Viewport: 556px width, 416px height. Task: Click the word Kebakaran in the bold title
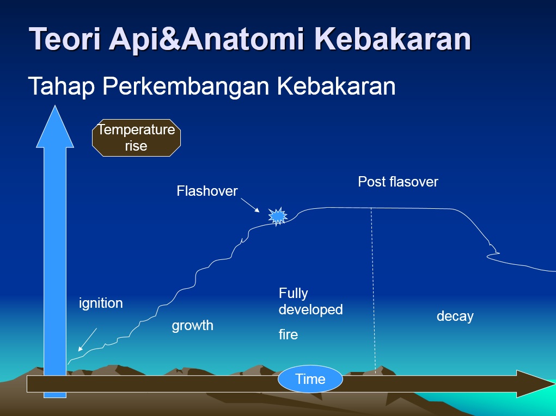393,39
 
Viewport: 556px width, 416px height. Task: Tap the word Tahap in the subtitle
61,86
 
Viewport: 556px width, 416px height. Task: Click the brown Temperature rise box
136,138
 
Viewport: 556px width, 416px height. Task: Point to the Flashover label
207,191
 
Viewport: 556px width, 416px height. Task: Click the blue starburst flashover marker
278,216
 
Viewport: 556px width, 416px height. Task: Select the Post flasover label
398,182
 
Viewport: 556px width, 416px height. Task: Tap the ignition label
101,303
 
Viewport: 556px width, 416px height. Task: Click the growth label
192,326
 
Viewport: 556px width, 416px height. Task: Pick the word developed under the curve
310,309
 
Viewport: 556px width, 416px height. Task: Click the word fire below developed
288,334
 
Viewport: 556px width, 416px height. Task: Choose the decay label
455,316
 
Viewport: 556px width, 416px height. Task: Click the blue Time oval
310,379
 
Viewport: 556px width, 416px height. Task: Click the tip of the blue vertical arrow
54,109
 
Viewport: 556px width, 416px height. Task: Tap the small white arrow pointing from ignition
87,339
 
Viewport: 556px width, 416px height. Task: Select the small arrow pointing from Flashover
251,205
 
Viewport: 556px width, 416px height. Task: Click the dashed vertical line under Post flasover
373,288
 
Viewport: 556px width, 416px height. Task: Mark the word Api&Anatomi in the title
209,39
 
